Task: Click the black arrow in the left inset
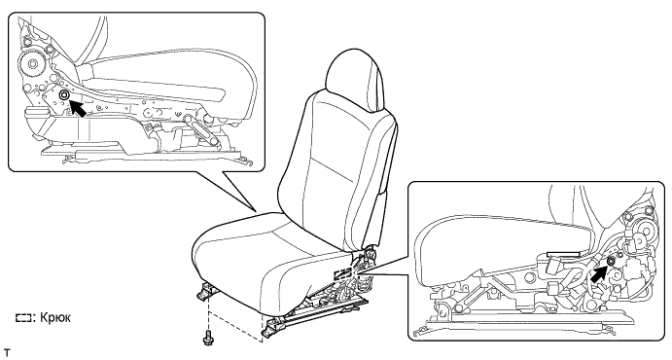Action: pyautogui.click(x=78, y=108)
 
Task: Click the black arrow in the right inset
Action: pyautogui.click(x=598, y=272)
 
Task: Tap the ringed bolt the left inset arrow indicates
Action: pyautogui.click(x=64, y=95)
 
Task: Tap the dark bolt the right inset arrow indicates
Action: pyautogui.click(x=611, y=262)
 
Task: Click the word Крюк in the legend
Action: pyautogui.click(x=55, y=318)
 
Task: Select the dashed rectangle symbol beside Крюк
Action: pyautogui.click(x=23, y=318)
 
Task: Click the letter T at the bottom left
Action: pyautogui.click(x=6, y=353)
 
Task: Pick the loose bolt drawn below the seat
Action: pyautogui.click(x=208, y=338)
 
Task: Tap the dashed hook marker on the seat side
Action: pyautogui.click(x=343, y=272)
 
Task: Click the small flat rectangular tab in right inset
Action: pyautogui.click(x=563, y=254)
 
